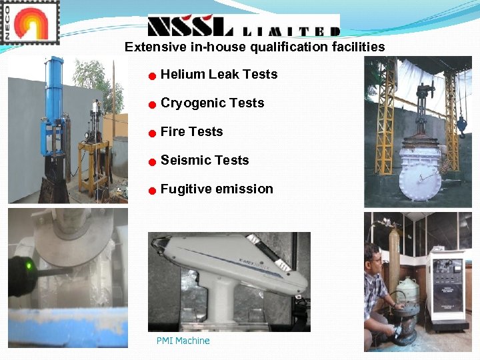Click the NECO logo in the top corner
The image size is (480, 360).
[31, 22]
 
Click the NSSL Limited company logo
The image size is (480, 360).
[243, 26]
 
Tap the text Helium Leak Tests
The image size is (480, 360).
[219, 74]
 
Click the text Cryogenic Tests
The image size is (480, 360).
[212, 103]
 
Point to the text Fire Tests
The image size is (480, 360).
[191, 131]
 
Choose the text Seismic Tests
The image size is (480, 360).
[204, 160]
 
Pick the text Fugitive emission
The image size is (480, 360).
[217, 189]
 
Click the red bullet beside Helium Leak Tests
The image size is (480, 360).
[152, 76]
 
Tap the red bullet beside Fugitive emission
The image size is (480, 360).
[152, 191]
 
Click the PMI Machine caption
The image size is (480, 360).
[183, 341]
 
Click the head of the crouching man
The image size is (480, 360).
[372, 257]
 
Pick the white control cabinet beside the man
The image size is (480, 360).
[447, 287]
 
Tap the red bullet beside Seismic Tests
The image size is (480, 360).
[152, 162]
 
